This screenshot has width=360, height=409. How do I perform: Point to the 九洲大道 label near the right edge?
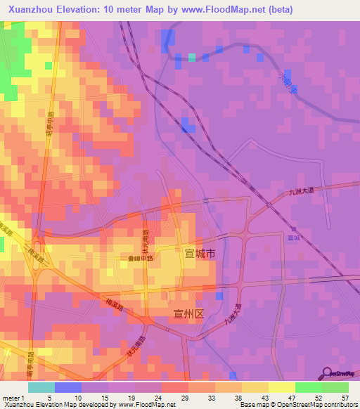303,189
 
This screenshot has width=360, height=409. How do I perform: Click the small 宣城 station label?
294,238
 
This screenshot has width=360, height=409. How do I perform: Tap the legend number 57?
344,398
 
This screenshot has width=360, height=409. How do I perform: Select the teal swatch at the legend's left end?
41,387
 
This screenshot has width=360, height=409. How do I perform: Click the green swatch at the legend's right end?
335,387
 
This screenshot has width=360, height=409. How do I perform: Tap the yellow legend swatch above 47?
281,387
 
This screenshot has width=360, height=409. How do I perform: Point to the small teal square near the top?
191,58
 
